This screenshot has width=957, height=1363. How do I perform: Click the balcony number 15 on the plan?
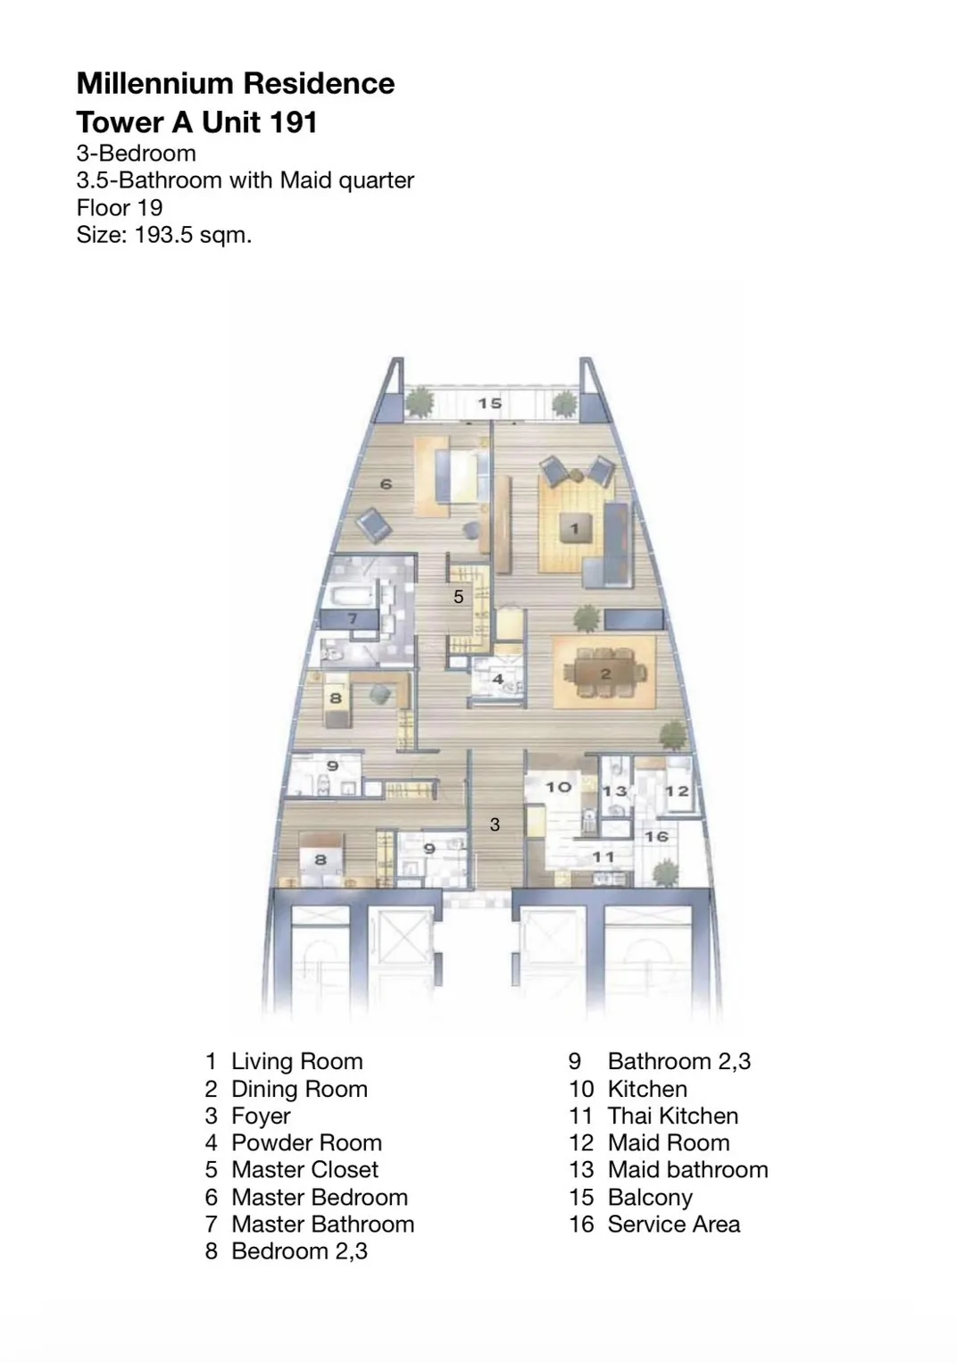click(489, 403)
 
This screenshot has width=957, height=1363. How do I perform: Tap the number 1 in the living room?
click(575, 529)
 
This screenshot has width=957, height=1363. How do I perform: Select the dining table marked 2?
click(605, 673)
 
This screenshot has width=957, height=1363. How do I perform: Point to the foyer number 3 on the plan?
click(495, 824)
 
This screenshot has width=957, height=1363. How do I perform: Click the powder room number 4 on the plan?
click(498, 679)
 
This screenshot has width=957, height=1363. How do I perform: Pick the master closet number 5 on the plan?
click(459, 597)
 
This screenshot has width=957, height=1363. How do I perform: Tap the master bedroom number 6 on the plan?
click(386, 484)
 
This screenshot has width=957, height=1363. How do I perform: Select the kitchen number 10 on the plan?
click(558, 787)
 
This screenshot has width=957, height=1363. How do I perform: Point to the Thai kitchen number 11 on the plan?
click(603, 857)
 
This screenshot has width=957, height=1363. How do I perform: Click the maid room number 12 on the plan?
click(677, 791)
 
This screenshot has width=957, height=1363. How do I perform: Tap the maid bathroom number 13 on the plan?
click(615, 791)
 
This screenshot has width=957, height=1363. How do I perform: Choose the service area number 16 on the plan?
click(656, 837)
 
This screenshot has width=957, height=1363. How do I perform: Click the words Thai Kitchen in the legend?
click(672, 1116)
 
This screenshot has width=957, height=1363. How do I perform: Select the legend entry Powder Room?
click(306, 1142)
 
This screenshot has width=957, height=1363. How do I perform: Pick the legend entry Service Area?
click(674, 1224)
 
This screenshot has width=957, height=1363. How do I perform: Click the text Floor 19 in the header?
click(120, 207)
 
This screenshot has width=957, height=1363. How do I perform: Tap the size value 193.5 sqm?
click(193, 235)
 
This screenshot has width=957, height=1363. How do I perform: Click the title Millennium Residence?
click(236, 83)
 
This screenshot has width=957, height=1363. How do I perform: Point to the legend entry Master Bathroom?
click(323, 1224)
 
